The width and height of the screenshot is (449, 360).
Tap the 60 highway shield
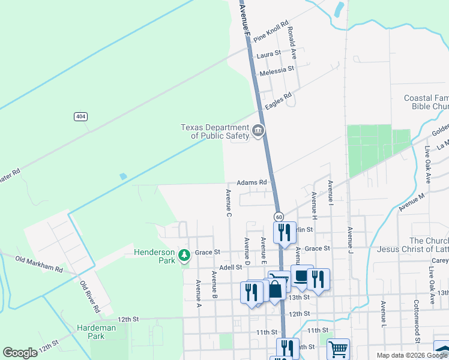(279, 216)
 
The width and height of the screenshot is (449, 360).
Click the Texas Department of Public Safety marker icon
(259, 130)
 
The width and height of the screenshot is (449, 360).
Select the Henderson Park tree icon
(184, 256)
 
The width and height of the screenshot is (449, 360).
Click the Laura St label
(268, 54)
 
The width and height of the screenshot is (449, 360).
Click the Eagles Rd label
(278, 101)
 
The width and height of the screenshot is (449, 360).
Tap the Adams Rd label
(252, 182)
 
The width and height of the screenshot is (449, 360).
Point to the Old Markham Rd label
(40, 265)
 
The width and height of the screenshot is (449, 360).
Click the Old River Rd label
(90, 297)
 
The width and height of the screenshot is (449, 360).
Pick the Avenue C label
(229, 203)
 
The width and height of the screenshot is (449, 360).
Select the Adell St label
(230, 267)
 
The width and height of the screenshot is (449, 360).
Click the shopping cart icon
(338, 349)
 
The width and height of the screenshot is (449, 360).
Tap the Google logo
(20, 353)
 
